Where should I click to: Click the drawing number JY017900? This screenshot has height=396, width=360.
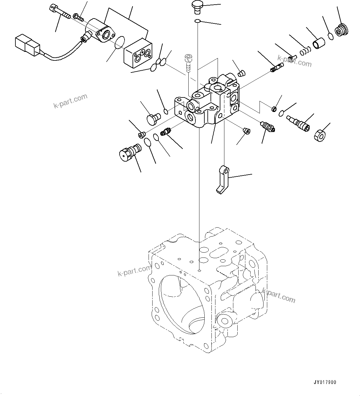[x=325, y=382]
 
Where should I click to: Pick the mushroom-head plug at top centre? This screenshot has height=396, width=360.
[x=196, y=6]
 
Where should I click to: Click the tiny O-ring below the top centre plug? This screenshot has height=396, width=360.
[x=197, y=21]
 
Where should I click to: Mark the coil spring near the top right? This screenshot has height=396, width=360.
[x=305, y=49]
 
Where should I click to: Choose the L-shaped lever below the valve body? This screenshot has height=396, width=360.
[x=223, y=180]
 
